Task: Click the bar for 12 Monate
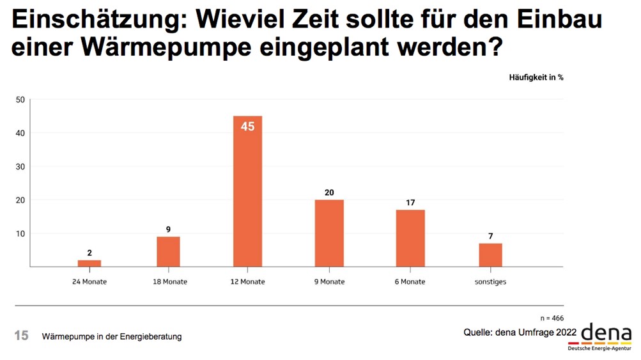point(247,192)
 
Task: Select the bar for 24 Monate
point(89,263)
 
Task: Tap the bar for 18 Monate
point(168,251)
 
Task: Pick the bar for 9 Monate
point(330,233)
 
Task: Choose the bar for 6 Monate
point(410,238)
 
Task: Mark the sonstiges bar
point(490,254)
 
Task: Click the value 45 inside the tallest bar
point(247,127)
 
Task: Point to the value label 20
point(330,192)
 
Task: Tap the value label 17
point(410,202)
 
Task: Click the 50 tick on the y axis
point(20,100)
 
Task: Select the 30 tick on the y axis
point(20,167)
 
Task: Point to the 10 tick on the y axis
point(20,233)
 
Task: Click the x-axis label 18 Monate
point(169,282)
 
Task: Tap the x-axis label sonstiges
point(490,282)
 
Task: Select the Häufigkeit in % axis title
point(536,77)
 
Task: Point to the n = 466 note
point(552,318)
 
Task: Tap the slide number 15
point(21,336)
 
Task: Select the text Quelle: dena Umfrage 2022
point(520,333)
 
